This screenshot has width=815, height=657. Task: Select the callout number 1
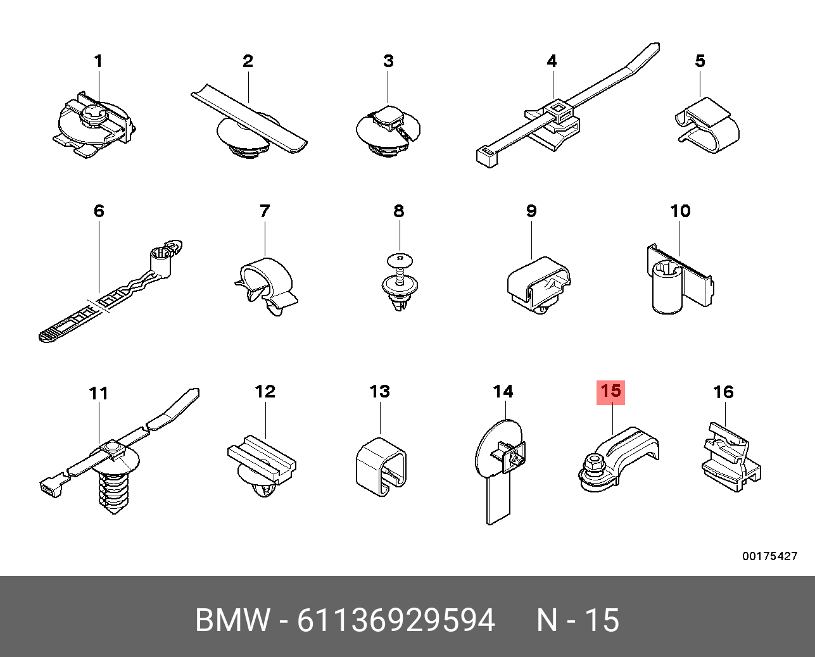pyautogui.click(x=98, y=61)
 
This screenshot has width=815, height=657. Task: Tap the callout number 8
pyautogui.click(x=399, y=211)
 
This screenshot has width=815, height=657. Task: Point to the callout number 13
pyautogui.click(x=379, y=392)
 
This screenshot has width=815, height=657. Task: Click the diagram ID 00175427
pyautogui.click(x=769, y=556)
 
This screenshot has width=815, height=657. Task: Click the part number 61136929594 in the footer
pyautogui.click(x=396, y=620)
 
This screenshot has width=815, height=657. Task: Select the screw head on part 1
pyautogui.click(x=92, y=113)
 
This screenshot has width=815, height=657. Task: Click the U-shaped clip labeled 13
pyautogui.click(x=381, y=466)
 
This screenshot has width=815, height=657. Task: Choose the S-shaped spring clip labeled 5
pyautogui.click(x=707, y=125)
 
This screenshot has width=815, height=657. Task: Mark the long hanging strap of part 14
pyautogui.click(x=498, y=499)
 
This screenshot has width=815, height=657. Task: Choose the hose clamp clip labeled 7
pyautogui.click(x=266, y=286)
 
